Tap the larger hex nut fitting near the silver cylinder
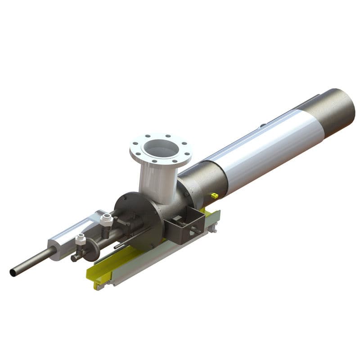[x=106, y=220]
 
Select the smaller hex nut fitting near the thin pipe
[x=81, y=239]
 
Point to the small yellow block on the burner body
[x=214, y=195]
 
